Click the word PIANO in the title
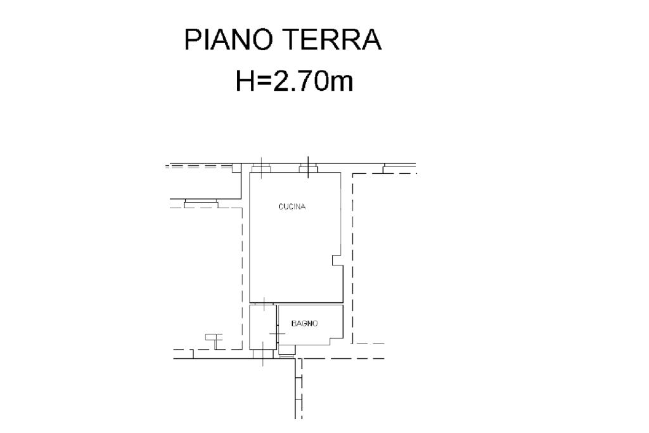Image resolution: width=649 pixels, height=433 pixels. point(228,40)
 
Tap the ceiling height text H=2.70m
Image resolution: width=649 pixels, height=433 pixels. point(294,81)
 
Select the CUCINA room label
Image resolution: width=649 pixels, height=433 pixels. point(292,206)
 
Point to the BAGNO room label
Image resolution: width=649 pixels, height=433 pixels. point(305,324)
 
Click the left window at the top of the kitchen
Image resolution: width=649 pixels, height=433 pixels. point(261,168)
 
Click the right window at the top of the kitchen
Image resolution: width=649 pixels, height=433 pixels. point(309,168)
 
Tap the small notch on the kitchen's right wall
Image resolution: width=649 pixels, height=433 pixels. point(337,260)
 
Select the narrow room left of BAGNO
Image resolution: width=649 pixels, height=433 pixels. point(262,327)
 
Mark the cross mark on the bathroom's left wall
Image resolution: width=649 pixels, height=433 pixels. point(277,333)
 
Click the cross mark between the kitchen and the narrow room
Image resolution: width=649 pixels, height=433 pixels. point(264,303)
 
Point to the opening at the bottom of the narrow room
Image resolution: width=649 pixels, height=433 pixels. point(263,354)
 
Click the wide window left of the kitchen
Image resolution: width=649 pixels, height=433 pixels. point(201,203)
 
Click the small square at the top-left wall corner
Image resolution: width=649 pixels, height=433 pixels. point(236,168)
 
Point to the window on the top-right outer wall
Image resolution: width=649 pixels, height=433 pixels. point(399,168)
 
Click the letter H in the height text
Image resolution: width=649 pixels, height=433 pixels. point(244,81)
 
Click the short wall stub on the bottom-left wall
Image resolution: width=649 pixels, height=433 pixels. point(193,354)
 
